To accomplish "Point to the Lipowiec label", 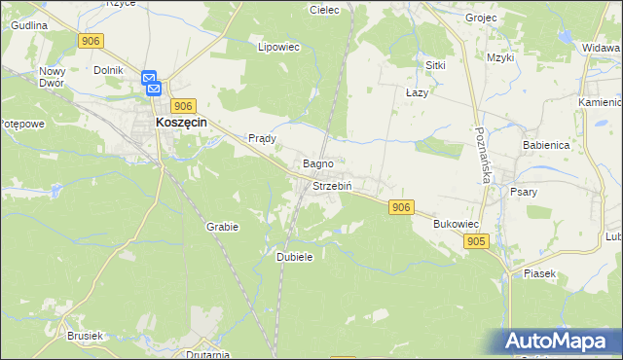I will [276, 46].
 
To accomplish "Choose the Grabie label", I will [222, 227].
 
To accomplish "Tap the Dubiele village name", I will [294, 256].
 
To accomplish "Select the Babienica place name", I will [545, 144].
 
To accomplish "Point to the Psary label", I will [524, 192].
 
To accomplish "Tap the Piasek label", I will [539, 273].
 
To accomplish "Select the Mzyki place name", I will [500, 58].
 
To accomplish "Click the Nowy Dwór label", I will [52, 77].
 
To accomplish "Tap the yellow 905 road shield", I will [475, 241].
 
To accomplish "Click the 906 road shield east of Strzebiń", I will [401, 207].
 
